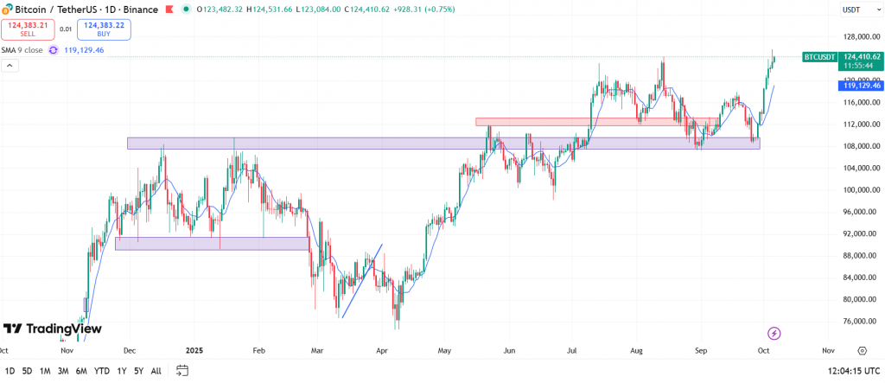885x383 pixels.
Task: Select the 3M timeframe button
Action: click(x=63, y=371)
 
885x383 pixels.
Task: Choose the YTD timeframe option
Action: click(x=101, y=371)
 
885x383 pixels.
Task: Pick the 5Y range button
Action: click(x=138, y=371)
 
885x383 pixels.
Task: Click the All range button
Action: click(x=156, y=371)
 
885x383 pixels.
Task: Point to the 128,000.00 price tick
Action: click(x=856, y=37)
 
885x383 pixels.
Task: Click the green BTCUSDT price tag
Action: click(x=819, y=57)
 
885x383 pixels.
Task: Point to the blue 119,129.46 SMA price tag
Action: click(x=860, y=86)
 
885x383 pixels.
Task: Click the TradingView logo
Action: click(x=52, y=329)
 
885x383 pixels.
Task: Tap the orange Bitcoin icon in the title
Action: click(x=8, y=10)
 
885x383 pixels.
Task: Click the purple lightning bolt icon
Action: click(x=774, y=333)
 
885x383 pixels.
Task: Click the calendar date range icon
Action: click(x=182, y=371)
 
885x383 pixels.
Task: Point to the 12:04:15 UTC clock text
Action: click(x=846, y=371)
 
